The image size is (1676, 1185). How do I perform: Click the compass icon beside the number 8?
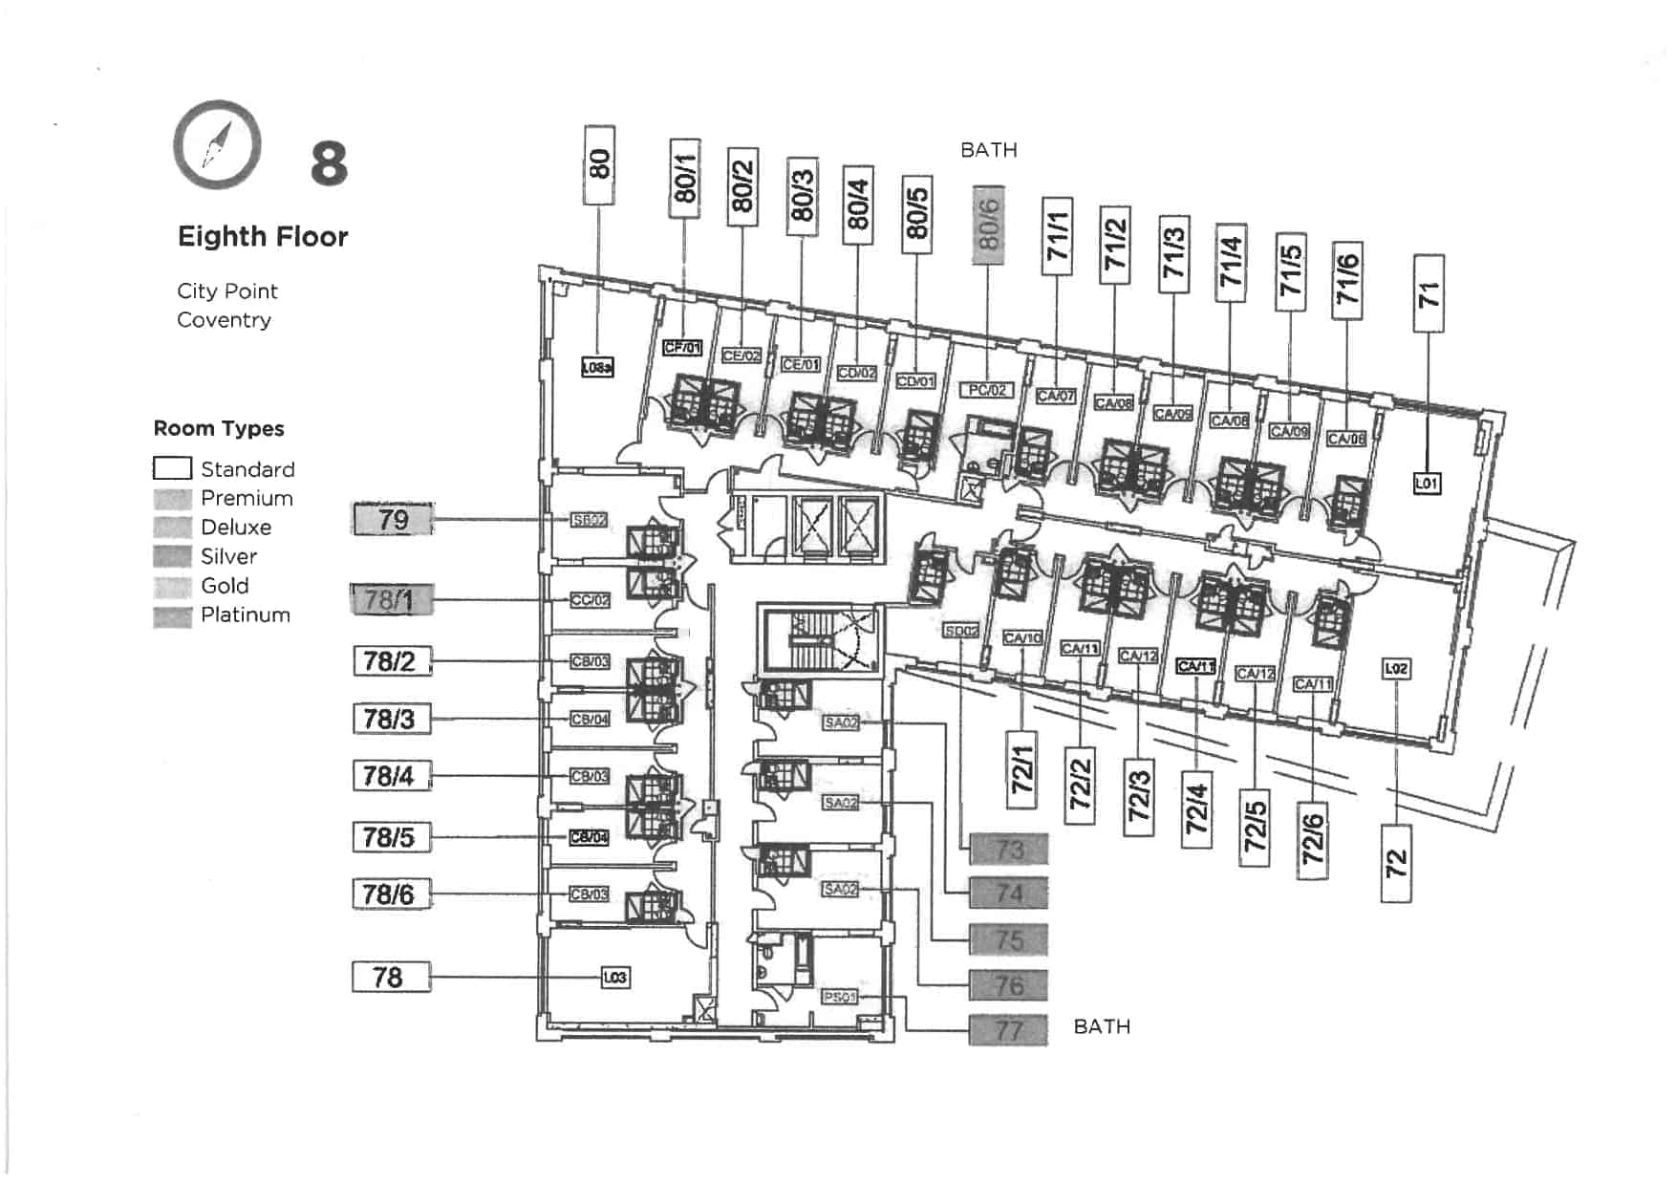click(x=217, y=145)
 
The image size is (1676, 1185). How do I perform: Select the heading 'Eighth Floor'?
click(x=263, y=237)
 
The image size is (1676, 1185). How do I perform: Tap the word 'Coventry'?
click(x=224, y=320)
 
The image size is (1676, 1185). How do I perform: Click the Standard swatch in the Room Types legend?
click(x=172, y=468)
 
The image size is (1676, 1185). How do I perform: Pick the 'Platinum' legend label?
click(x=246, y=615)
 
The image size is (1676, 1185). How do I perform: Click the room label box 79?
click(x=393, y=520)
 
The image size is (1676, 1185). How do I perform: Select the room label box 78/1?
click(x=392, y=600)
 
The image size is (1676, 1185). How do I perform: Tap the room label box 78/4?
click(x=392, y=776)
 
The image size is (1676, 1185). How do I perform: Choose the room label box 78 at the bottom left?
click(x=391, y=977)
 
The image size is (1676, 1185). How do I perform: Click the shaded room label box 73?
click(x=1009, y=849)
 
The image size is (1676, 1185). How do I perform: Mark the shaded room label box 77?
click(x=1009, y=1030)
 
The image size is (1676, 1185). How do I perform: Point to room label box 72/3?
click(x=1138, y=796)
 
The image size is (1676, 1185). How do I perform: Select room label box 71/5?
click(x=1290, y=271)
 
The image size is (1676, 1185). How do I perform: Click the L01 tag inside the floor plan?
click(x=1427, y=484)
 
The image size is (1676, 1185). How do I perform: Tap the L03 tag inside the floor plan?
click(x=615, y=977)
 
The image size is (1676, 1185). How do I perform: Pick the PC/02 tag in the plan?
click(x=986, y=390)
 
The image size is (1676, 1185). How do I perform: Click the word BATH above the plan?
click(x=989, y=151)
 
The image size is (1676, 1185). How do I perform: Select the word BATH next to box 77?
click(x=1102, y=1027)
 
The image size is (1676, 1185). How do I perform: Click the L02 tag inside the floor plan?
click(x=1396, y=669)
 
